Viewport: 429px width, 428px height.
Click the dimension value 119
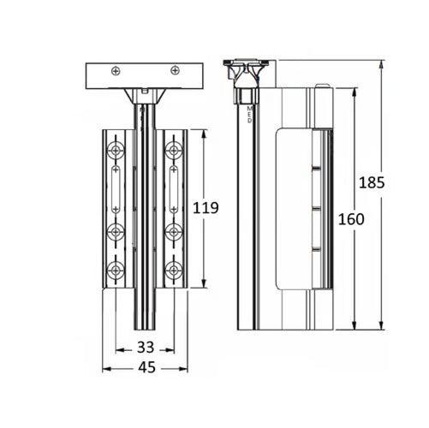tap(206, 208)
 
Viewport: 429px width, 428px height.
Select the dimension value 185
tap(372, 182)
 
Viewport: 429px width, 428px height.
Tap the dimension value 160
tap(351, 219)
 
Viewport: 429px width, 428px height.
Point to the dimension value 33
tap(146, 348)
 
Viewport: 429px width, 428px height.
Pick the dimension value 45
tap(147, 367)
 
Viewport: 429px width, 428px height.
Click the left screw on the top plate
tap(116, 71)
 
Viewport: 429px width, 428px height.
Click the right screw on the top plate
tap(175, 70)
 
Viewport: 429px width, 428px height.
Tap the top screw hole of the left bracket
tap(116, 150)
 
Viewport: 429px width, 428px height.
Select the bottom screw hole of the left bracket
tap(116, 270)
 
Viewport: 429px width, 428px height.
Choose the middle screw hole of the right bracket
tap(174, 232)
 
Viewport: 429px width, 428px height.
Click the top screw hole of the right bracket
tap(174, 150)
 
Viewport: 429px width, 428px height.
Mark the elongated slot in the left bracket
tap(116, 189)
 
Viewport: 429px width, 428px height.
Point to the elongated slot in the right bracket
tap(174, 189)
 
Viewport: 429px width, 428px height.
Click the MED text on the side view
tap(250, 115)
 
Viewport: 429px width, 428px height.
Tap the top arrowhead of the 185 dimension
tap(381, 65)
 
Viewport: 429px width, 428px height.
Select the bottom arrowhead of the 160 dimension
tap(355, 325)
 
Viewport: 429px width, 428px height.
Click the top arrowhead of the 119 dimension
tap(204, 134)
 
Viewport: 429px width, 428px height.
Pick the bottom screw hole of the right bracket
tap(174, 270)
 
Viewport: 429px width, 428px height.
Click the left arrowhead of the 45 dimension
tap(107, 369)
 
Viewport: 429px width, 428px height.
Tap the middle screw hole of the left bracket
tap(116, 232)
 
